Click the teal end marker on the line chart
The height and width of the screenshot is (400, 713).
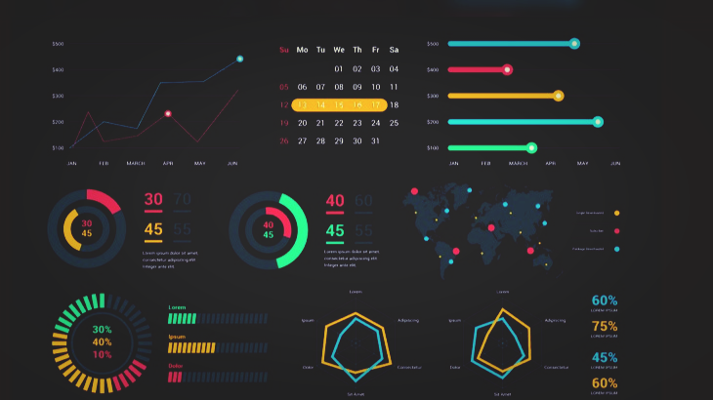click(x=240, y=59)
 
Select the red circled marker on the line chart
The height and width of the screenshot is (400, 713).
click(x=168, y=114)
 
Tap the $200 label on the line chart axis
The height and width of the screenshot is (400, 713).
click(x=58, y=122)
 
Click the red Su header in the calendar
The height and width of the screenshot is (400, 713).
click(x=284, y=50)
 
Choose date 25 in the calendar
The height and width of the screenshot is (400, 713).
click(x=394, y=123)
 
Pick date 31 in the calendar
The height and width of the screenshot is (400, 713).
click(x=375, y=140)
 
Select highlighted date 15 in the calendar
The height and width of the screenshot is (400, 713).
click(x=339, y=104)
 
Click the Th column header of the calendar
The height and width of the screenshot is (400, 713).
click(x=357, y=50)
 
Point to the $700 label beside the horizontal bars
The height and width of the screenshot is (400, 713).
click(x=433, y=122)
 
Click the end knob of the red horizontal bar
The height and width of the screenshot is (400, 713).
click(x=507, y=69)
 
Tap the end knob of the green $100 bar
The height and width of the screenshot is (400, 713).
click(x=531, y=148)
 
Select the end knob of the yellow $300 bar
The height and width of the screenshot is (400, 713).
click(x=558, y=96)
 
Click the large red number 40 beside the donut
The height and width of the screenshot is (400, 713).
click(x=335, y=201)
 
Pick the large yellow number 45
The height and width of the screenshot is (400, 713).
click(x=153, y=230)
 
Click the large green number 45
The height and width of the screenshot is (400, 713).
click(x=335, y=231)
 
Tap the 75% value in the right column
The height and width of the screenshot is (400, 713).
click(x=605, y=327)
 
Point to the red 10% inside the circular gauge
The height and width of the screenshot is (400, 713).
click(x=102, y=354)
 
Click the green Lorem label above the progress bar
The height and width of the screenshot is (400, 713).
click(x=177, y=308)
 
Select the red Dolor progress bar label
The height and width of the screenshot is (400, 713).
click(x=176, y=366)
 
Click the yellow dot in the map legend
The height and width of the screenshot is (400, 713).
click(x=616, y=213)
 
